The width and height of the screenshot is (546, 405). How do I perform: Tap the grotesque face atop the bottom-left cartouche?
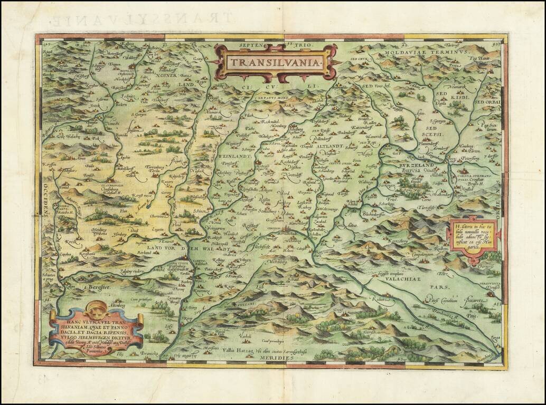tap(97, 307)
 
